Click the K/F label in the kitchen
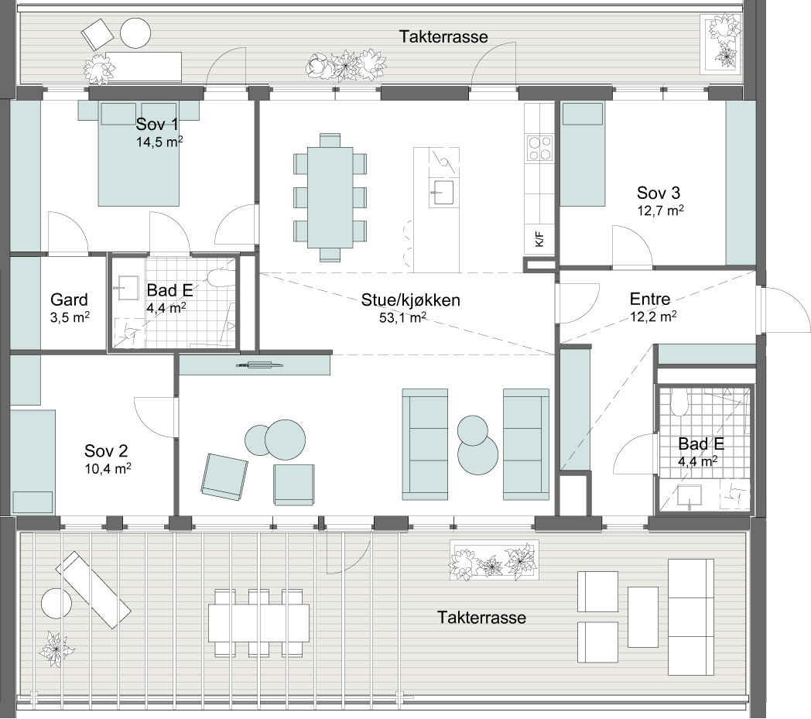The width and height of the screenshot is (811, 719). coord(539,239)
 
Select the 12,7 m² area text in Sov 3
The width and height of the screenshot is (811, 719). coord(661,210)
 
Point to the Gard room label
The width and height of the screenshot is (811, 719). coord(69,300)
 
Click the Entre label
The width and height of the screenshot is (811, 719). coord(650,299)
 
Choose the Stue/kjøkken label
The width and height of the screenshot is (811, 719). coord(411,300)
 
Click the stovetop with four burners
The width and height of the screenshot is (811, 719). coord(539,148)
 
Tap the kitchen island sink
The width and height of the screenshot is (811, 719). coord(443,192)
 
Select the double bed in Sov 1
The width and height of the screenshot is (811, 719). coord(139,153)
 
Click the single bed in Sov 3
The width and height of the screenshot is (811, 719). coord(583,155)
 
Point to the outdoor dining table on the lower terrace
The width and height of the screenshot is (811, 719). coord(258,623)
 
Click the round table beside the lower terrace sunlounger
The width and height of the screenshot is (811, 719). coord(56,603)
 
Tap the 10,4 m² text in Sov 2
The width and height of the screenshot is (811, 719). coord(108,469)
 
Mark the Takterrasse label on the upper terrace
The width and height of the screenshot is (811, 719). coord(443,36)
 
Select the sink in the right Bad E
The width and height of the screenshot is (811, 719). coord(690,495)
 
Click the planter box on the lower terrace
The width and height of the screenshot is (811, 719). coord(494,560)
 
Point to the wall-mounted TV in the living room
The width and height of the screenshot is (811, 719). coord(260,365)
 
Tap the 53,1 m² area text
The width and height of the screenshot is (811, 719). coord(403,317)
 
